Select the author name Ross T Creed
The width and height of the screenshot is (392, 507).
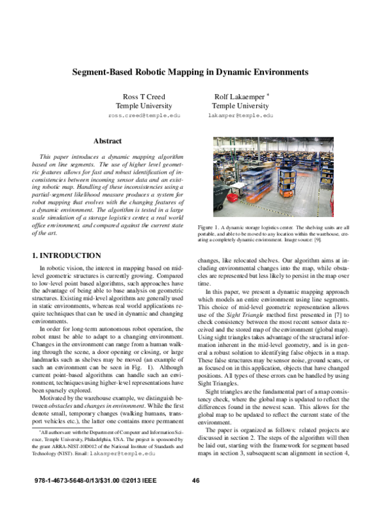[x=140, y=96]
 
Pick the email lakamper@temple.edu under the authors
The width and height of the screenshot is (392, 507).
[x=240, y=114]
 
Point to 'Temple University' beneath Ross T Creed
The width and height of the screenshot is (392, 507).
[x=140, y=105]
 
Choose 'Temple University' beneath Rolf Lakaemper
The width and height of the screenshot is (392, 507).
[x=240, y=105]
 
